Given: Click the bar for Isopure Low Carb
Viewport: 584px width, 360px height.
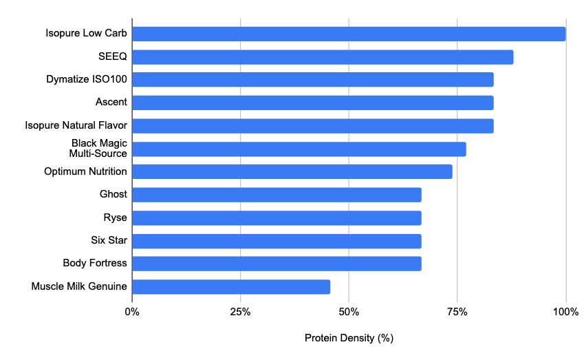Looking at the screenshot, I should pyautogui.click(x=349, y=34).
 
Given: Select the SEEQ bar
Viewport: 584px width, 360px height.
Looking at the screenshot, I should pyautogui.click(x=323, y=57).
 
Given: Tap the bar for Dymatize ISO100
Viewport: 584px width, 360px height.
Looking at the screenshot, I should pyautogui.click(x=313, y=80).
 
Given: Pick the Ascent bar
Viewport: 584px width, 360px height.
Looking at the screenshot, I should pyautogui.click(x=313, y=103).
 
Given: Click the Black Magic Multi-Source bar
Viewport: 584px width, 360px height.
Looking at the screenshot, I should pyautogui.click(x=299, y=149).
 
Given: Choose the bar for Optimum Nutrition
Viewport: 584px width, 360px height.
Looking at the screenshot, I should pyautogui.click(x=292, y=171).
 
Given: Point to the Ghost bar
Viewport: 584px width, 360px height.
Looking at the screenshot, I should pyautogui.click(x=277, y=195).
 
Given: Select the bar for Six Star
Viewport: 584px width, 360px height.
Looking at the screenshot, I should pyautogui.click(x=277, y=241).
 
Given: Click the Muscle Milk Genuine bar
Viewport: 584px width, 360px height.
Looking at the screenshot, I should pyautogui.click(x=231, y=286).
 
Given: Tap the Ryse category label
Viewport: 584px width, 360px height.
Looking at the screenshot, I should pyautogui.click(x=114, y=218).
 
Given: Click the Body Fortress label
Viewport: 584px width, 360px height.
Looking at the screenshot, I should pyautogui.click(x=95, y=263).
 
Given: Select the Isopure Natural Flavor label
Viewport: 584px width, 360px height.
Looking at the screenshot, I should pyautogui.click(x=76, y=125).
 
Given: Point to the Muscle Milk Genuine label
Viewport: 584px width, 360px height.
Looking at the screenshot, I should pyautogui.click(x=79, y=286).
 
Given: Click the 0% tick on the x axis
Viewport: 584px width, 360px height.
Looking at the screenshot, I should pyautogui.click(x=132, y=312).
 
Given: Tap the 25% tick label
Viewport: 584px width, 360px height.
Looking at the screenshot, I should pyautogui.click(x=240, y=312).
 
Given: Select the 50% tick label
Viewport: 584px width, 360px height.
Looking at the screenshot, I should pyautogui.click(x=349, y=312).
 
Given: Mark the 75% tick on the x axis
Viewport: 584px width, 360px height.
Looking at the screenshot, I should pyautogui.click(x=457, y=312).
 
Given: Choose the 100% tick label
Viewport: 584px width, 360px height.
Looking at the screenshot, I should pyautogui.click(x=565, y=312).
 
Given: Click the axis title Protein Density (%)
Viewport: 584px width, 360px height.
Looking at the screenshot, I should pyautogui.click(x=349, y=339).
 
